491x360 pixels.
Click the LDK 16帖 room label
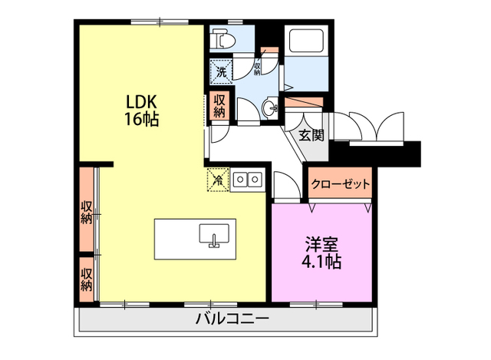(x=143, y=110)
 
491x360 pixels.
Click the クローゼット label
(x=341, y=185)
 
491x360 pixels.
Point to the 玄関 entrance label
(x=311, y=136)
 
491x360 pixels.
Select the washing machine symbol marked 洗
(x=221, y=74)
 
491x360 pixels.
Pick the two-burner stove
(x=248, y=180)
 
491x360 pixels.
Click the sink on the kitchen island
(x=214, y=235)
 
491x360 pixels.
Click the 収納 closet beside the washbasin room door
(x=219, y=105)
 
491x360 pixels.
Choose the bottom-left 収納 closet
(x=87, y=278)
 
